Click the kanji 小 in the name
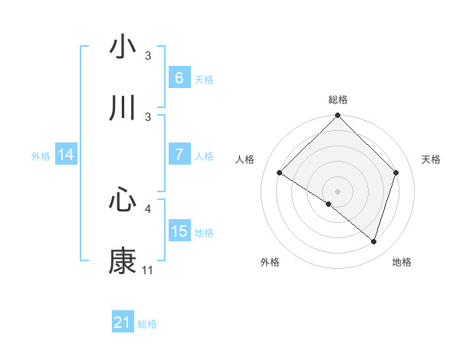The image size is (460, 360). [x=123, y=47]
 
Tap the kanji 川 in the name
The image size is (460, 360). [x=123, y=109]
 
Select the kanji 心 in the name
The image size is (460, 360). [x=123, y=200]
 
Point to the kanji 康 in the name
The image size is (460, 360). [x=123, y=261]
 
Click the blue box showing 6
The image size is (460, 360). [x=179, y=78]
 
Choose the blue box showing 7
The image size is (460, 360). [x=179, y=154]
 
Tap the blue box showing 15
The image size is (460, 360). [x=179, y=231]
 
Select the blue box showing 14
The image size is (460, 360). [x=66, y=155]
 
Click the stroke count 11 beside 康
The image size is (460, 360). [x=147, y=270]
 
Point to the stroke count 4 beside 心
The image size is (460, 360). [x=148, y=208]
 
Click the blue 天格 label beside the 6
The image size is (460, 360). [x=204, y=79]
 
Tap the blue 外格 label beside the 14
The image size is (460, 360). [x=41, y=155]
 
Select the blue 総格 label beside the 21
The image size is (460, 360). [x=147, y=324]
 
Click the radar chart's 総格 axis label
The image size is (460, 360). [x=337, y=100]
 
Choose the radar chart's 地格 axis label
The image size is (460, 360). [x=402, y=262]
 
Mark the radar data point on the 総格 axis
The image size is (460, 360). [x=337, y=116]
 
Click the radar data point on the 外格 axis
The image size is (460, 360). [x=329, y=204]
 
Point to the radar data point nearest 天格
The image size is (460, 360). [x=396, y=172]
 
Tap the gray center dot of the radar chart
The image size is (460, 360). [x=337, y=191]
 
